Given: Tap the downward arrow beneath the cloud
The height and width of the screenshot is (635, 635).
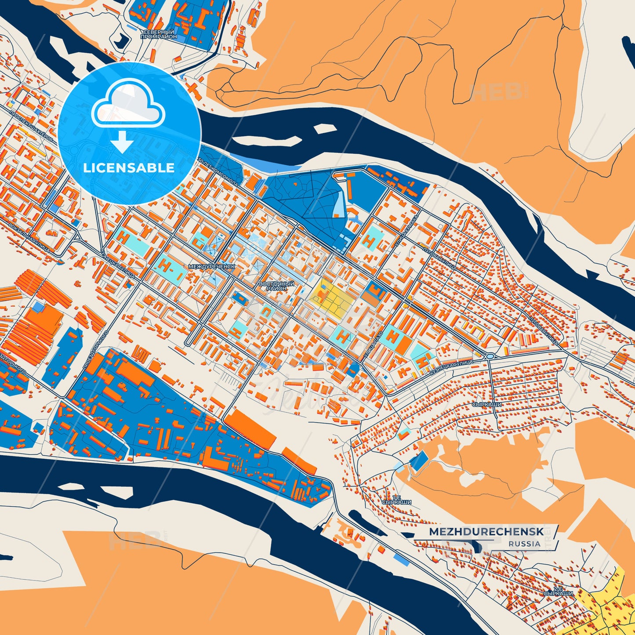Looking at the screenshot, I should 123,142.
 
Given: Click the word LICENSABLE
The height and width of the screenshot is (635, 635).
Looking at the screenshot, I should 129,168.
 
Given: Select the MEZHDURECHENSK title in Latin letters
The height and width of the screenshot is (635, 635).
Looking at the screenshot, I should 486,532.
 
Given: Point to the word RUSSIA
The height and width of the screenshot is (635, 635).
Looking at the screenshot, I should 525,544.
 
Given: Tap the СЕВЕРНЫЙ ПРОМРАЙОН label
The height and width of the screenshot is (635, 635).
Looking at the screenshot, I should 158,35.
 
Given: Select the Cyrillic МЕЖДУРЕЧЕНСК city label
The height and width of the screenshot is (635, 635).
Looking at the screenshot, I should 211,267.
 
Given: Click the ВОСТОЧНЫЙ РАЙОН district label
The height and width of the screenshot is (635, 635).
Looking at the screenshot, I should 276,287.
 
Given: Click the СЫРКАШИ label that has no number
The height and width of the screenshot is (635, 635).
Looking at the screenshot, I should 486,404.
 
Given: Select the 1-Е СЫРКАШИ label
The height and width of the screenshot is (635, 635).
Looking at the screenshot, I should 396,499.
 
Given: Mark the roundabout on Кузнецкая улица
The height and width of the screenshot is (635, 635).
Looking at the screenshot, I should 490,356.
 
